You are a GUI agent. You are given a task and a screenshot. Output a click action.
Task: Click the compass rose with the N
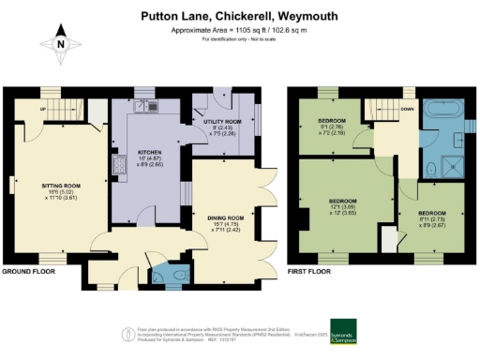(61, 43)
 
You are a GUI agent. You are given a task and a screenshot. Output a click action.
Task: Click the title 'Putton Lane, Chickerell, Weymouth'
(239, 15)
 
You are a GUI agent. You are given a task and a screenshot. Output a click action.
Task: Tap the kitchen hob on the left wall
(119, 167)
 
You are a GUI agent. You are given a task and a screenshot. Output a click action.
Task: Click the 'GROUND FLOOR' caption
(27, 271)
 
